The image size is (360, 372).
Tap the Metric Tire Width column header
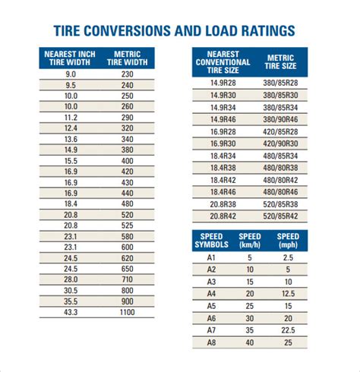click(x=126, y=58)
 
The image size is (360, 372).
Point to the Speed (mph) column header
click(x=288, y=241)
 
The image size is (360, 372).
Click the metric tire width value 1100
click(x=126, y=311)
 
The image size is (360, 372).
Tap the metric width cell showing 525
click(x=126, y=225)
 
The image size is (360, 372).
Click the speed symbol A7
click(x=212, y=331)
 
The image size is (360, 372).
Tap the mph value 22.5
click(x=288, y=331)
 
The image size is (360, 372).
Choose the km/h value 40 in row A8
click(x=250, y=343)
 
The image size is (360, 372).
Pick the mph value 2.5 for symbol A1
click(x=288, y=257)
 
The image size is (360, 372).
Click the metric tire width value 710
click(x=126, y=279)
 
